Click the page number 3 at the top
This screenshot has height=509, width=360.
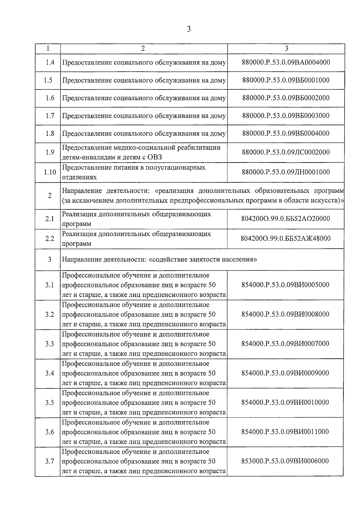189,29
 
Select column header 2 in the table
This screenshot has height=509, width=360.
143,49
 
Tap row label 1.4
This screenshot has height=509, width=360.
50,63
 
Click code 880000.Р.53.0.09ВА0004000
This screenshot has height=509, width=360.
286,63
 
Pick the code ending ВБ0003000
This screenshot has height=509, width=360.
286,116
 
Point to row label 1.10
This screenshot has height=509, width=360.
50,172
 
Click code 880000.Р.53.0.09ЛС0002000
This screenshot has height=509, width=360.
286,152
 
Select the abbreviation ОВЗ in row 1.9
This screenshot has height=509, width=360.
154,157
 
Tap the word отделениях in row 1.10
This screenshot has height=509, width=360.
79,177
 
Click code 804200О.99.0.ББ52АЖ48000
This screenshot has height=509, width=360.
286,239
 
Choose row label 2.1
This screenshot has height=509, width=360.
50,219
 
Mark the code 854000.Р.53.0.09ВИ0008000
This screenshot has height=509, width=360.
286,314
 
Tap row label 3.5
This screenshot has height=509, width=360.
50,403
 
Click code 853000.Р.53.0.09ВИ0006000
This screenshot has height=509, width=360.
286,461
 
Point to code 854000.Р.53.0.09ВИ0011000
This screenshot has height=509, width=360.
286,432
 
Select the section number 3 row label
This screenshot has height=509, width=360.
49,259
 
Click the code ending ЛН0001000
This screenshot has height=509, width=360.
286,172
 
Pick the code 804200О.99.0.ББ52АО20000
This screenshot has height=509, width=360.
286,219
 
